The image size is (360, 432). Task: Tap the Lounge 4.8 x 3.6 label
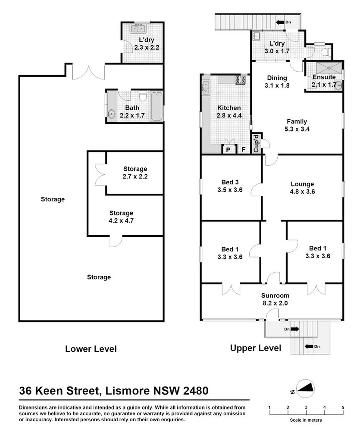click(303, 187)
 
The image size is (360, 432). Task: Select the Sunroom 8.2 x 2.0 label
click(275, 300)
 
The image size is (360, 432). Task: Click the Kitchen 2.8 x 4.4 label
click(229, 111)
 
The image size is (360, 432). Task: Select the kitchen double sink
click(205, 88)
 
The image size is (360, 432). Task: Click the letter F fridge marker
click(243, 150)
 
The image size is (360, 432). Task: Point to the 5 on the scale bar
click(343, 407)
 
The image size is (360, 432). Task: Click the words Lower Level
click(91, 349)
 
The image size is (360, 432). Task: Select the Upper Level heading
click(256, 348)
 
